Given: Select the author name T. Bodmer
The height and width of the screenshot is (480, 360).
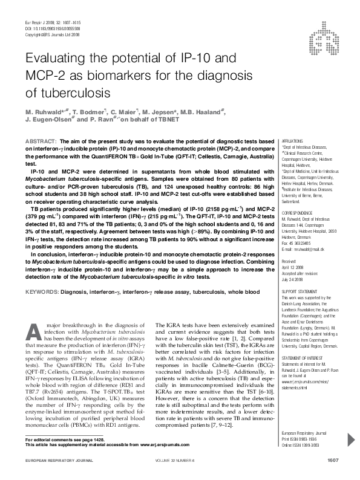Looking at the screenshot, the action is [85, 112].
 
